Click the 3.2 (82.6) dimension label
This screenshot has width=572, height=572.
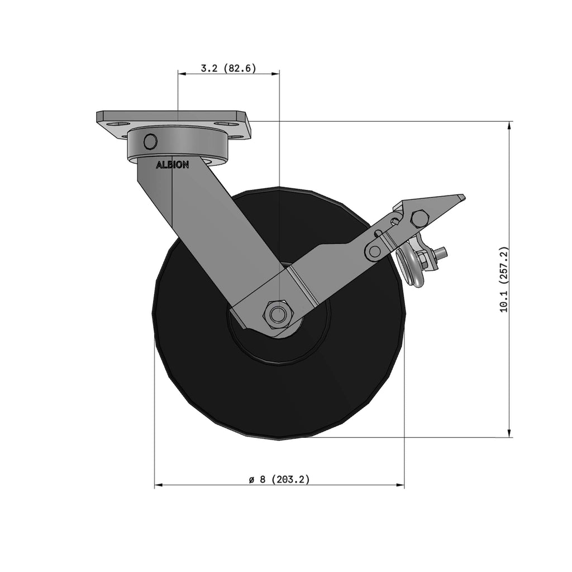click(228, 68)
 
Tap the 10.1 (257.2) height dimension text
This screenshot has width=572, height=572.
click(504, 279)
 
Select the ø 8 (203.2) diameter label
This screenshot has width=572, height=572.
click(279, 479)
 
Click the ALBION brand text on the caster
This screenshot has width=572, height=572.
click(173, 165)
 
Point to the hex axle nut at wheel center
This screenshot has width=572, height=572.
click(279, 313)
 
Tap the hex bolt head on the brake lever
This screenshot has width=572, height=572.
click(420, 218)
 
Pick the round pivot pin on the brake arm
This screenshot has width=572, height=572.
click(374, 251)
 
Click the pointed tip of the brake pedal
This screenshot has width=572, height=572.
click(464, 197)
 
